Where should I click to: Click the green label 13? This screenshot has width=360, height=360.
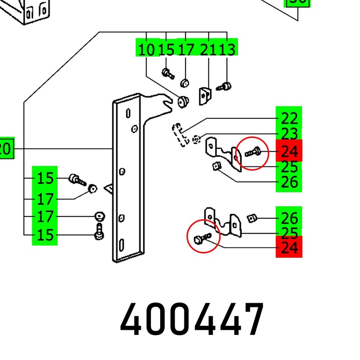click(227, 49)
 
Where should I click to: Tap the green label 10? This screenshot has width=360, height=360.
click(146, 49)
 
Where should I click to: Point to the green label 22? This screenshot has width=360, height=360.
click(289, 119)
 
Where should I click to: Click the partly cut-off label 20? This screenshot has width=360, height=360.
click(6, 148)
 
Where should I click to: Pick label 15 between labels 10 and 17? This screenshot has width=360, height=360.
click(166, 49)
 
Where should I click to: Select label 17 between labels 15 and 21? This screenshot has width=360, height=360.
click(185, 49)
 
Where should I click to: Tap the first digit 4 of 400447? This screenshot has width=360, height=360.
click(134, 319)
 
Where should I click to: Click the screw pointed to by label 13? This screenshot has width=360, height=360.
click(225, 86)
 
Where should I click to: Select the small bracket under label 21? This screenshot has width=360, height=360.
click(205, 95)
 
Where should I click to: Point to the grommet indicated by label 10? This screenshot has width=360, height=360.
click(183, 102)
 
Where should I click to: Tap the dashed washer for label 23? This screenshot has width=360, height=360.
click(196, 139)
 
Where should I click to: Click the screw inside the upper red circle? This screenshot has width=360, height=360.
click(252, 152)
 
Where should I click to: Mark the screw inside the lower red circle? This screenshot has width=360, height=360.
click(201, 238)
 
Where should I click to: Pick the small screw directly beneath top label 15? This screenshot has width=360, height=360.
click(167, 73)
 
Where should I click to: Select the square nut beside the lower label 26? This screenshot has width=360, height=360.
click(252, 219)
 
